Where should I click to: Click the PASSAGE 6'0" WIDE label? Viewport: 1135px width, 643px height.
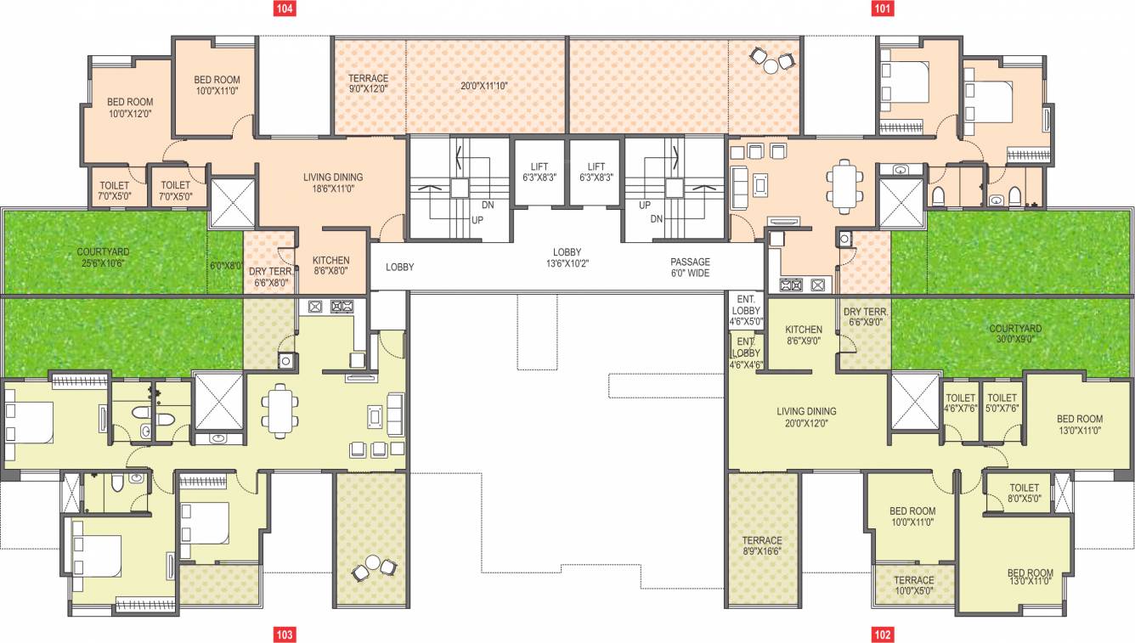click(x=689, y=268)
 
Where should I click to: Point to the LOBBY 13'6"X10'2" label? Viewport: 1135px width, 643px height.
click(x=567, y=258)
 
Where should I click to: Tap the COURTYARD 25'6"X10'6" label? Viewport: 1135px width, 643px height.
click(x=102, y=257)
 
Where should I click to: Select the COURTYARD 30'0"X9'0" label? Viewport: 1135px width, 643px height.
click(x=1015, y=334)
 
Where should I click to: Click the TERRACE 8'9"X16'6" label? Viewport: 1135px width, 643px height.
click(x=761, y=546)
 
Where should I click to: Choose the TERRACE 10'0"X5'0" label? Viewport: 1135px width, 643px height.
click(x=913, y=586)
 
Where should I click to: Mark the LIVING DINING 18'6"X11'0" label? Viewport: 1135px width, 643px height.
click(x=333, y=183)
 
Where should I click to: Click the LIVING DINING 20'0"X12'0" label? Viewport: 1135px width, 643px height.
click(x=806, y=416)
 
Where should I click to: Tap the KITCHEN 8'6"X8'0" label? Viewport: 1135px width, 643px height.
click(x=330, y=266)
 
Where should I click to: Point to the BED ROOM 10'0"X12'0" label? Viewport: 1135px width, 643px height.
click(x=129, y=107)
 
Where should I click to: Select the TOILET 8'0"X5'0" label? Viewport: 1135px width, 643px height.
click(x=1024, y=494)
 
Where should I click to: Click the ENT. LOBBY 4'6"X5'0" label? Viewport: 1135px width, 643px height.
click(x=746, y=311)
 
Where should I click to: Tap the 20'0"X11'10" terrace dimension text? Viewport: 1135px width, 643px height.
click(x=483, y=86)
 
